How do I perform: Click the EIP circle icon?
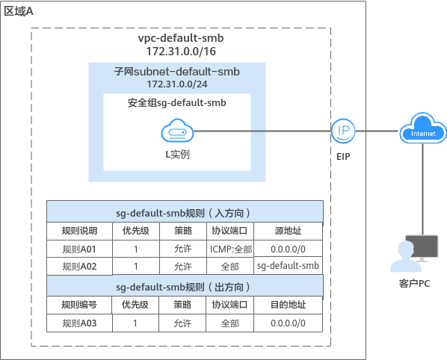(x=343, y=131)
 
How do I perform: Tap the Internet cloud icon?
(x=423, y=128)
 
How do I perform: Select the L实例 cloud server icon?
(x=177, y=131)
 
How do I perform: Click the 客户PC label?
(x=414, y=283)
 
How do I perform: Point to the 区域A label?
(x=19, y=11)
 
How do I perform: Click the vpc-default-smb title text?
(x=181, y=38)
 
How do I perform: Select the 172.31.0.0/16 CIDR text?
(x=181, y=52)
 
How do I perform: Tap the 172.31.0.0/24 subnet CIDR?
(x=177, y=84)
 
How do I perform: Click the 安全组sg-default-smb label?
(x=176, y=102)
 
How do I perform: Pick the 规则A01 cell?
(x=79, y=249)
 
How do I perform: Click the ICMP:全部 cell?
(x=231, y=249)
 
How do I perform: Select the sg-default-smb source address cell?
(x=288, y=266)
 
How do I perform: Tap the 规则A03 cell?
(x=79, y=323)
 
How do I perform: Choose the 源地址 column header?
(x=288, y=231)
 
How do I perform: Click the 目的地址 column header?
(x=288, y=305)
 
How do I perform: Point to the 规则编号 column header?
(x=79, y=305)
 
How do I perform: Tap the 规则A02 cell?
(x=79, y=267)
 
